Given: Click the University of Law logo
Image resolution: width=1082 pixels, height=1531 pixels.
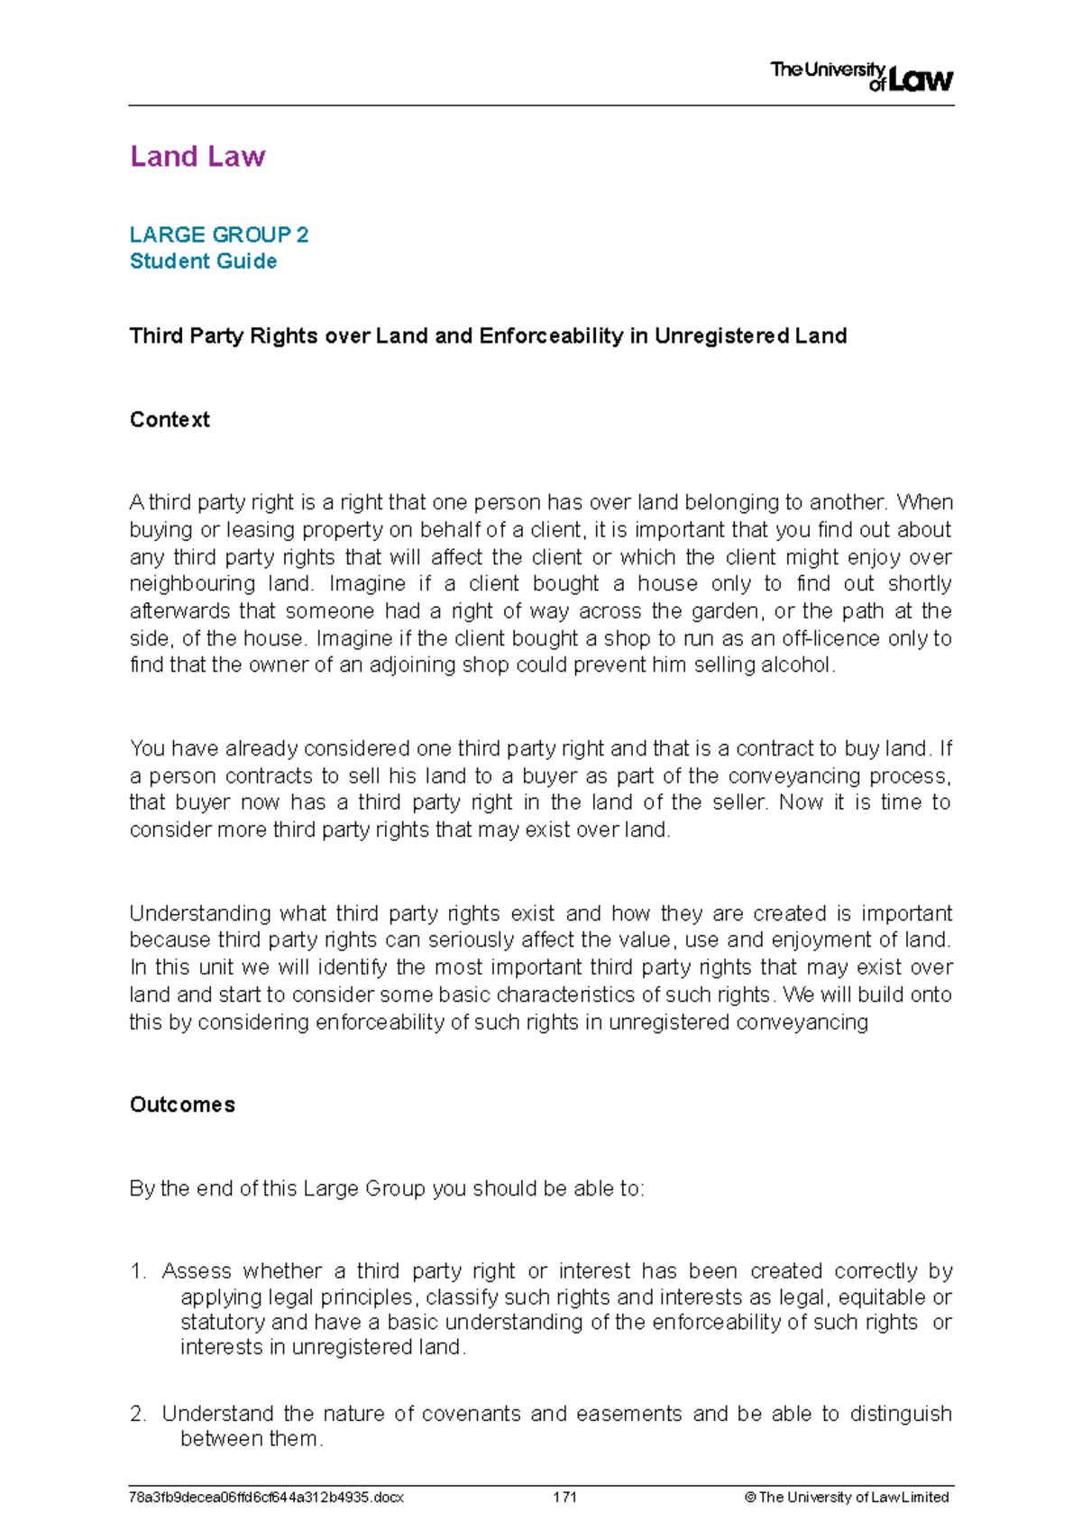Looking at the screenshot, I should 861,76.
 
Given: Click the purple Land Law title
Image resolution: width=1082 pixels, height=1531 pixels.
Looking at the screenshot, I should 197,156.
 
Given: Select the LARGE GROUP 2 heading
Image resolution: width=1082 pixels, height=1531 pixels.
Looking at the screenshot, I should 219,234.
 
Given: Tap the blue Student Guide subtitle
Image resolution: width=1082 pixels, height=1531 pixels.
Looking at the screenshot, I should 203,261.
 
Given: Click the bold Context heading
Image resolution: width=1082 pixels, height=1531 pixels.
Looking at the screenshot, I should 170,419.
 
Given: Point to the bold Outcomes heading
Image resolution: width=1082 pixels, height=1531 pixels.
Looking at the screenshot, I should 182,1105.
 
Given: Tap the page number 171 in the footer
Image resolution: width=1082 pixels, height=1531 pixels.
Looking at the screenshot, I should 564,1497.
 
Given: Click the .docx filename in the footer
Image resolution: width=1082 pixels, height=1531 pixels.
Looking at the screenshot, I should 266,1497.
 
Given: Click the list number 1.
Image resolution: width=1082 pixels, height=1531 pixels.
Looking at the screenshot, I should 137,1271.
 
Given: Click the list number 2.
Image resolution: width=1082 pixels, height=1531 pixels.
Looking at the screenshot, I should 137,1414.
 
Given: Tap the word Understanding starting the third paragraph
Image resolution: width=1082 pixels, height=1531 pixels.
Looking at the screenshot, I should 199,913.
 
